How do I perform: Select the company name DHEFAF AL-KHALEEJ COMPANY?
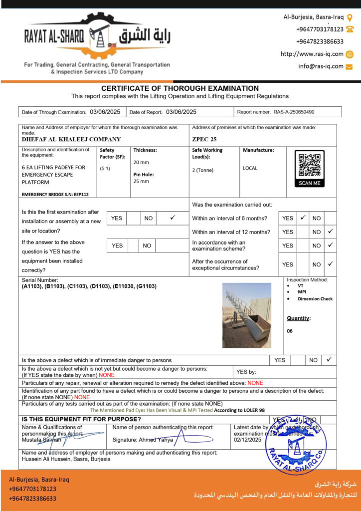pos(71,140)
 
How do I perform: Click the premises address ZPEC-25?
pos(204,140)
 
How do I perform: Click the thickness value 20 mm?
pos(141,163)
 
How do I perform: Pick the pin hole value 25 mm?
pos(141,181)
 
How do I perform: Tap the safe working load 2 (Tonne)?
pos(203,170)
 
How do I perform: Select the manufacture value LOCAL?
pos(250,168)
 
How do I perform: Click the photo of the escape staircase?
pos(246,315)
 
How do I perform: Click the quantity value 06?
pos(290,331)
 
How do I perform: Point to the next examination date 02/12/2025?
pos(247,440)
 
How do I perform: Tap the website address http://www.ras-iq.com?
pos(312,54)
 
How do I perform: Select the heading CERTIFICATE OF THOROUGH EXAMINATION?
pos(180,88)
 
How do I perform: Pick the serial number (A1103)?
pos(32,286)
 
